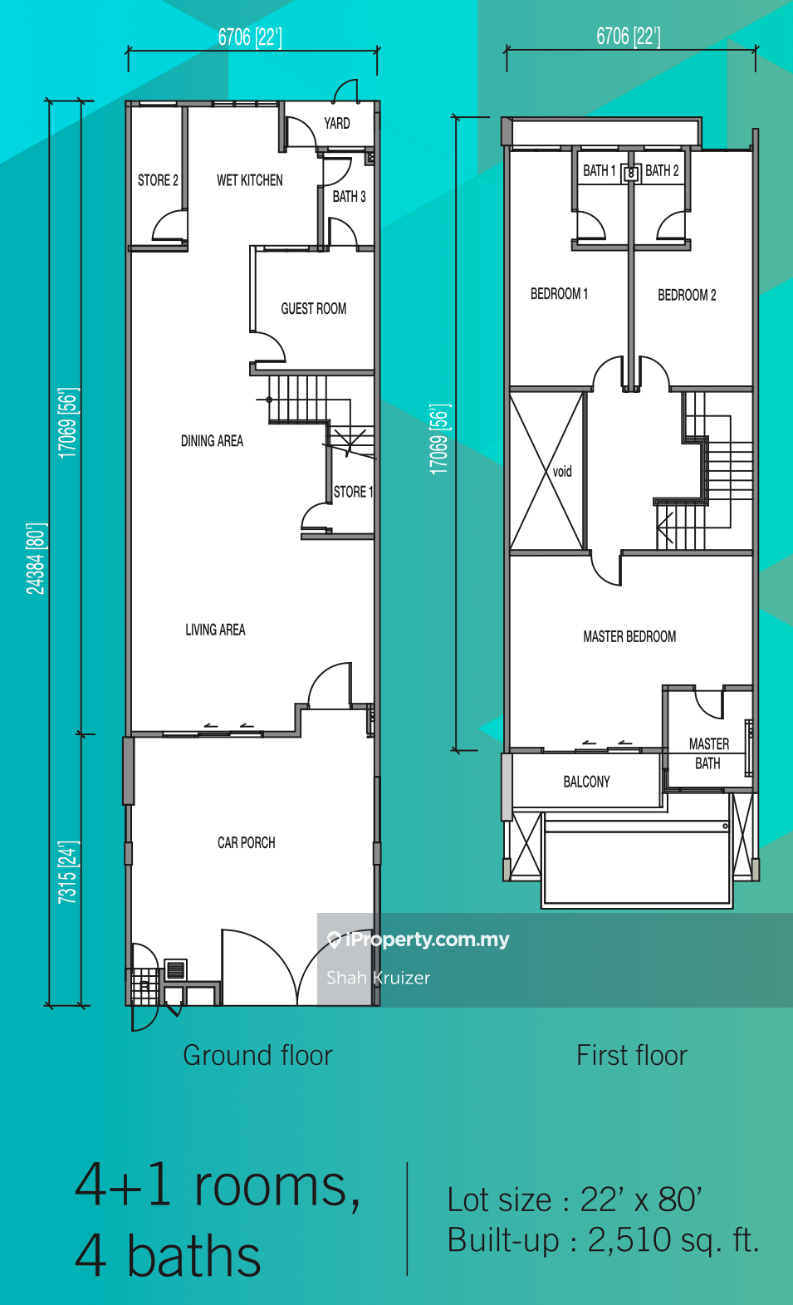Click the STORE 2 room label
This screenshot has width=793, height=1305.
point(158,180)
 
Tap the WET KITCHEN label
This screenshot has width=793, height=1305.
point(250,180)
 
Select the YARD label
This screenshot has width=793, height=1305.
point(337,124)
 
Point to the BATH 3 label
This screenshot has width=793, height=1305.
point(350,197)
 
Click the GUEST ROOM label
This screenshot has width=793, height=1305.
point(314,309)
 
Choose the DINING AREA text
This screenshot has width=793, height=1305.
point(212,441)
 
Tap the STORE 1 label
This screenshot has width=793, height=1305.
point(353,493)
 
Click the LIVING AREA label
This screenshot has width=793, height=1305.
point(215,630)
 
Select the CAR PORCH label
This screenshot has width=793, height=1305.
point(247,843)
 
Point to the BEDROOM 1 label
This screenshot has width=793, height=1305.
point(559,293)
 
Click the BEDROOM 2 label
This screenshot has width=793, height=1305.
point(687,296)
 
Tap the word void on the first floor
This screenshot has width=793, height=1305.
point(562,471)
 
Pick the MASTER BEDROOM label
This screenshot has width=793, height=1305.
point(629,637)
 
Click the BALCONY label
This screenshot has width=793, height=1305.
point(586,782)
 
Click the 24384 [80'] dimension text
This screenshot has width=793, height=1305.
point(36,559)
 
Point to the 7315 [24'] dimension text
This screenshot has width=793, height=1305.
point(67,872)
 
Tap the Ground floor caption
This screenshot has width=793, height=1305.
point(257,1055)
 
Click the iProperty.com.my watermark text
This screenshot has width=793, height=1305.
point(428,940)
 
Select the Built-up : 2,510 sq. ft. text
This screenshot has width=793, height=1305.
point(603,1239)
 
